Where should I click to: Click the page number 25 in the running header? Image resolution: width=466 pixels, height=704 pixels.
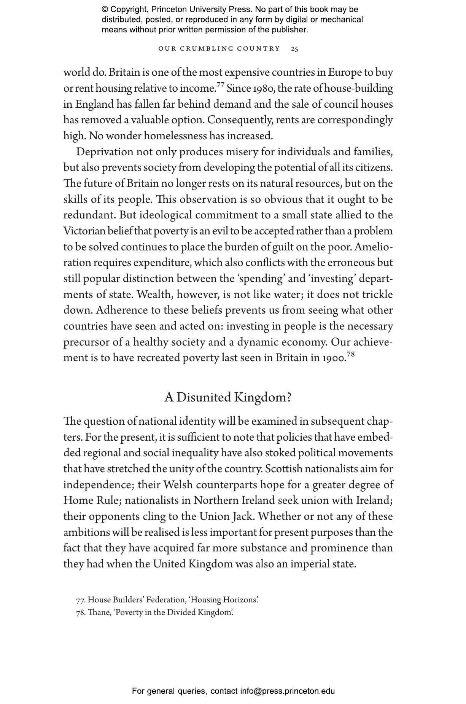[294, 49]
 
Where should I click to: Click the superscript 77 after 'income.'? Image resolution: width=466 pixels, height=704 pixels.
[220, 84]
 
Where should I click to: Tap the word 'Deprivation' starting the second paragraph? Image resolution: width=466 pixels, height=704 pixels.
[105, 152]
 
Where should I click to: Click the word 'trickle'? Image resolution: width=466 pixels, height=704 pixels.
[377, 295]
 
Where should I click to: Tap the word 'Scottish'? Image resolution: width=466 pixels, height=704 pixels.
[283, 469]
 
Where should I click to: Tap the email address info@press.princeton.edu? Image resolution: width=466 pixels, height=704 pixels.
[287, 691]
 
